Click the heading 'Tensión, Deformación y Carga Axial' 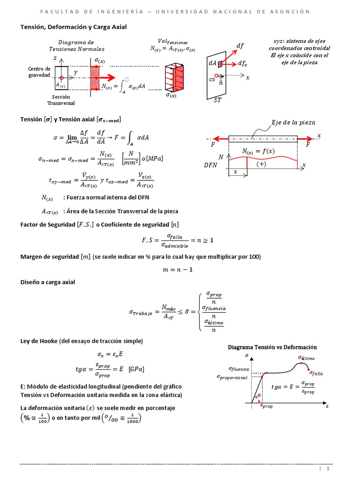[x=73, y=27]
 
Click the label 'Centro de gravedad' [x=39, y=72]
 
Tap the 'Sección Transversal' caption [x=60, y=100]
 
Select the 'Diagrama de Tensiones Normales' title [x=77, y=45]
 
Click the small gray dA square [x=219, y=64]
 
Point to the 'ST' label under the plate [x=218, y=100]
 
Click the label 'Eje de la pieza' [x=293, y=122]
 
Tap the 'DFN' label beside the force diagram [x=211, y=165]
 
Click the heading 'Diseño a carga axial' [x=47, y=282]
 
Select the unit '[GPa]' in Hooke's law [x=136, y=369]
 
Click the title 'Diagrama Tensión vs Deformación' [x=272, y=347]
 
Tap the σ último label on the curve [x=307, y=359]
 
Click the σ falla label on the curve [x=316, y=373]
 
